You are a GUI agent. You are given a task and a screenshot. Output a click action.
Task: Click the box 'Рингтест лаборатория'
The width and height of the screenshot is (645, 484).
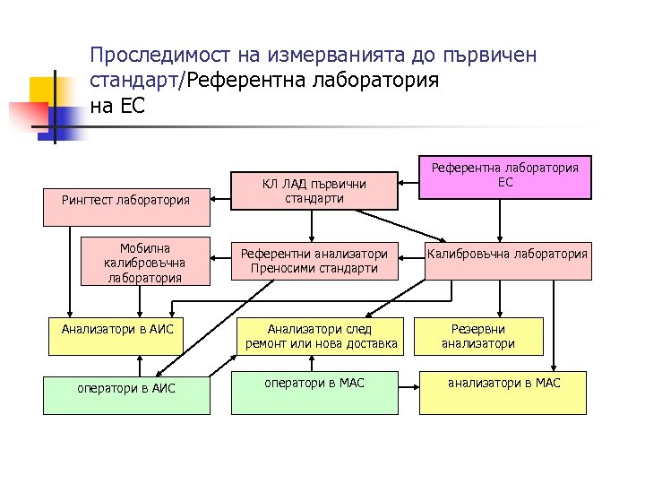click(x=125, y=199)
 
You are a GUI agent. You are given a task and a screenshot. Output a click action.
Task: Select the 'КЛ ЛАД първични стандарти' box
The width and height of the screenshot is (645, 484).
click(x=314, y=191)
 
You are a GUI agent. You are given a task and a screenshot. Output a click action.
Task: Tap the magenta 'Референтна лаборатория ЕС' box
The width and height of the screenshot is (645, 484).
click(x=506, y=176)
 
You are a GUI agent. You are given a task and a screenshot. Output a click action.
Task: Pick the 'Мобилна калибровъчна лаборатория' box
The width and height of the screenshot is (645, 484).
click(x=145, y=262)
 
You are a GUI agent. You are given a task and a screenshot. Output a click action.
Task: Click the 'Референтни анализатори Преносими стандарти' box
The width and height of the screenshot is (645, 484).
click(x=314, y=261)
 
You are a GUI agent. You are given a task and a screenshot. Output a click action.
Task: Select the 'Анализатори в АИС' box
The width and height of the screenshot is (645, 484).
click(x=117, y=330)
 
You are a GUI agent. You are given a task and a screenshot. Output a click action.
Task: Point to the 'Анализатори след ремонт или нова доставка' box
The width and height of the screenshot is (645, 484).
click(x=320, y=337)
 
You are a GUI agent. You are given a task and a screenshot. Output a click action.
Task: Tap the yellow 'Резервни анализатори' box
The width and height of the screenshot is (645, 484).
click(x=482, y=336)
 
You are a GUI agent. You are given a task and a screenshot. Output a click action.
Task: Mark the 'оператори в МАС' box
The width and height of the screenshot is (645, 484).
click(x=314, y=392)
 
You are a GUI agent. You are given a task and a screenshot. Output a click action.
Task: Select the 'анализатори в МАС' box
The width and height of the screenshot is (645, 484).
click(x=504, y=392)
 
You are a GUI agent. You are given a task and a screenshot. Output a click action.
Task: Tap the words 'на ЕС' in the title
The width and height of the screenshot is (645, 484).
click(x=116, y=105)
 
